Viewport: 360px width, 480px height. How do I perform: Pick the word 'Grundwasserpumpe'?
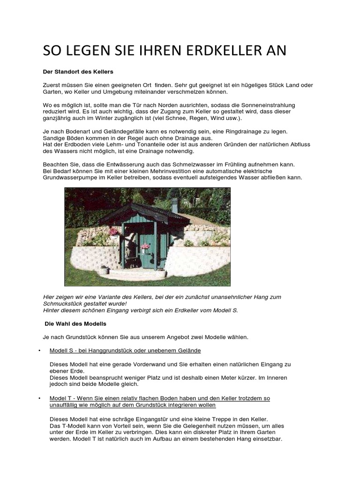68,178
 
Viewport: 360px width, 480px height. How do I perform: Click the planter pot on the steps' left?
104,270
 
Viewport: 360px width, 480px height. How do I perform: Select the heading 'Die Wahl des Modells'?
75,324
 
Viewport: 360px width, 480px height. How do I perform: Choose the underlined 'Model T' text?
61,398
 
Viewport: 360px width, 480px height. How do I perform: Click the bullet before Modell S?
40,351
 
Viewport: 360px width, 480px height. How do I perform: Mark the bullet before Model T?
40,398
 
